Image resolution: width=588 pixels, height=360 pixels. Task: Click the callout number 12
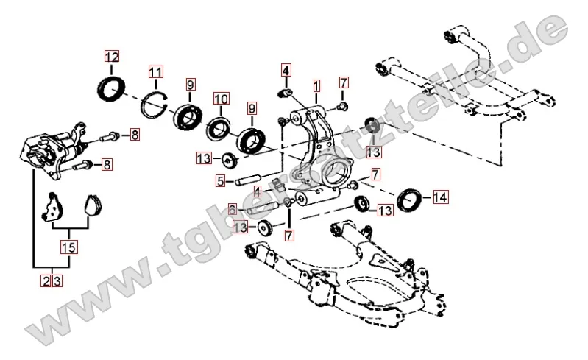pyautogui.click(x=111, y=57)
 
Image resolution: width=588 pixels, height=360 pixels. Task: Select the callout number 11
pyautogui.click(x=155, y=72)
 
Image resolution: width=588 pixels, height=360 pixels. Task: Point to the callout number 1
pyautogui.click(x=316, y=85)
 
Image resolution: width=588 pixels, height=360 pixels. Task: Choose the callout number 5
pyautogui.click(x=220, y=180)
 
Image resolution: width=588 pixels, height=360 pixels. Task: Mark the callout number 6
pyautogui.click(x=231, y=209)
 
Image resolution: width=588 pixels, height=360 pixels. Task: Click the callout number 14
pyautogui.click(x=440, y=197)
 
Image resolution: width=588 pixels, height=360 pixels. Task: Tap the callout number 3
pyautogui.click(x=55, y=280)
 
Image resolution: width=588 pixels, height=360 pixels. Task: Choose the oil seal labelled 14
pyautogui.click(x=411, y=198)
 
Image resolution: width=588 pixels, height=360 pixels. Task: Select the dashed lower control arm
pyautogui.click(x=346, y=276)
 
